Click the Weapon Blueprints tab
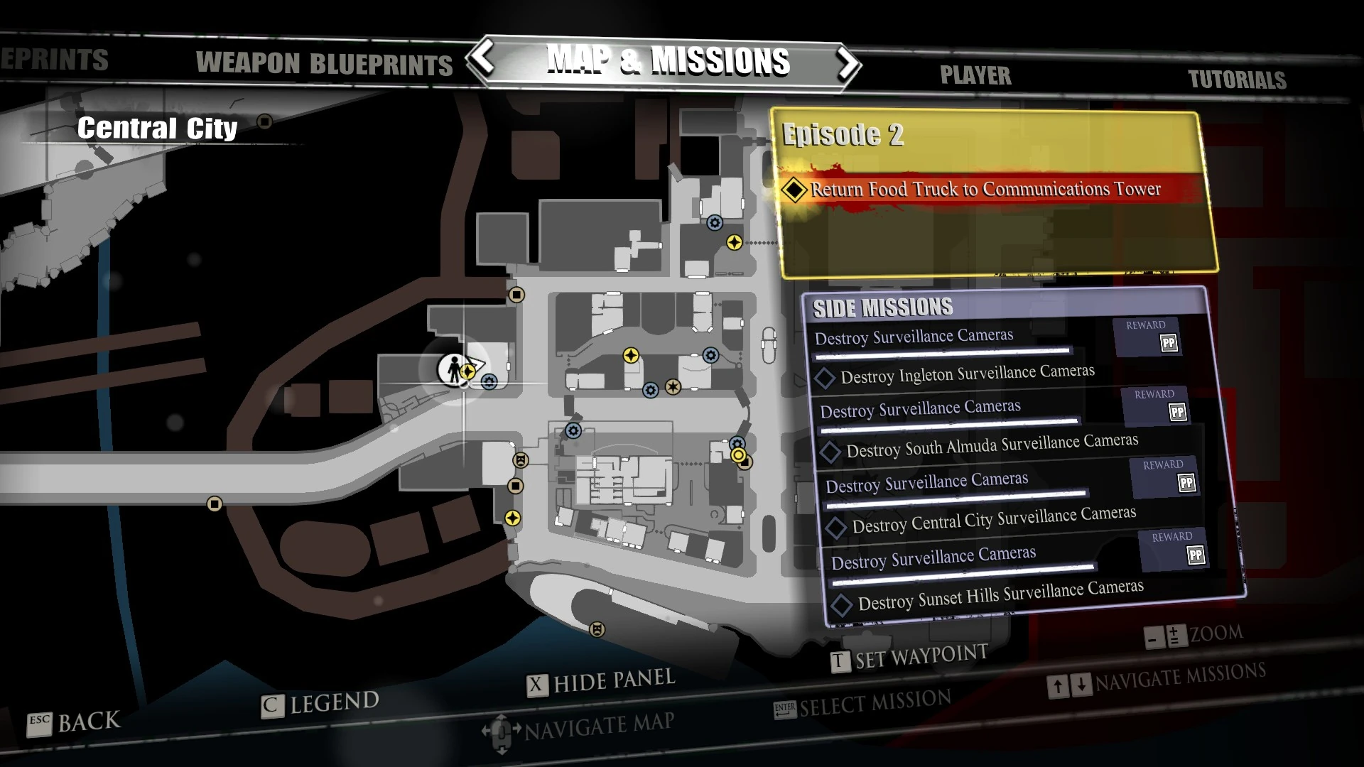click(x=324, y=64)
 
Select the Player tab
click(x=975, y=75)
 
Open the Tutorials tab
click(x=1237, y=80)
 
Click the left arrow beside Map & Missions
click(x=484, y=59)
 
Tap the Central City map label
click(x=157, y=129)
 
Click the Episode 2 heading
click(x=843, y=134)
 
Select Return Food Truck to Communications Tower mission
click(x=985, y=189)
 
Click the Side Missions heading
click(x=882, y=308)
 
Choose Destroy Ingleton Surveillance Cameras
click(x=967, y=374)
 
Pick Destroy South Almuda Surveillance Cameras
click(x=992, y=445)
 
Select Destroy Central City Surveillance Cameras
click(x=993, y=519)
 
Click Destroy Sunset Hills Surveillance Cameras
click(x=1000, y=595)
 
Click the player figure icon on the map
click(x=453, y=369)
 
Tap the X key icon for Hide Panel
click(x=537, y=685)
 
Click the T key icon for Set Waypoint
click(x=839, y=661)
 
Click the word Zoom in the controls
click(x=1216, y=633)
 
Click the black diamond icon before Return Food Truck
click(x=794, y=190)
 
